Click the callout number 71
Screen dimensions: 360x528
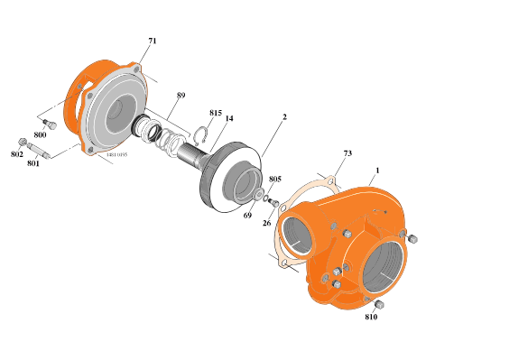[152, 42]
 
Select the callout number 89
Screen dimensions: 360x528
[181, 95]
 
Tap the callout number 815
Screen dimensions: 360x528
[215, 113]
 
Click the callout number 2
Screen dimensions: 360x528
[284, 116]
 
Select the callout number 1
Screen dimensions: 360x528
[377, 170]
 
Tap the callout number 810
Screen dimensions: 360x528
[371, 318]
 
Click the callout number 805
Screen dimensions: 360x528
[274, 179]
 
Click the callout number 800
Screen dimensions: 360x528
[40, 134]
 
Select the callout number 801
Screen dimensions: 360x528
[33, 163]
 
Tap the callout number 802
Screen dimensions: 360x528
[16, 154]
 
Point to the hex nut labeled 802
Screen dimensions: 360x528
[22, 142]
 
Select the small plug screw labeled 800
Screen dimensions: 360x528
[51, 124]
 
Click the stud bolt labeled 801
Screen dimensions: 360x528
[38, 149]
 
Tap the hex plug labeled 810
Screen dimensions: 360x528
[380, 305]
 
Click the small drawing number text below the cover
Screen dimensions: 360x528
[116, 154]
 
